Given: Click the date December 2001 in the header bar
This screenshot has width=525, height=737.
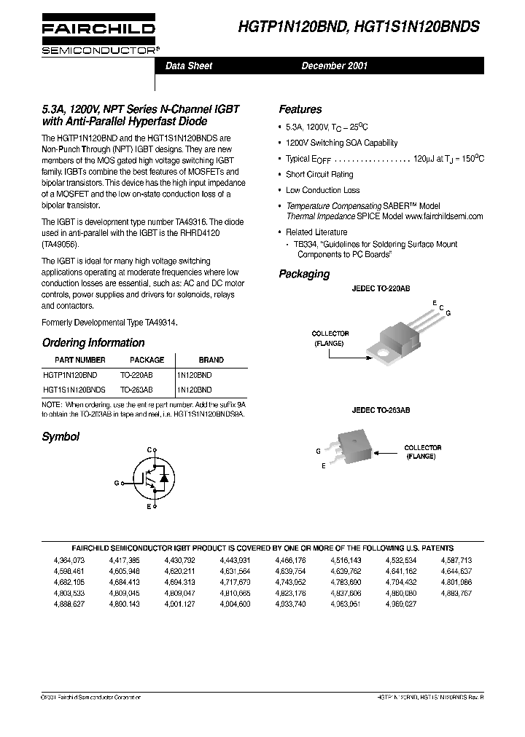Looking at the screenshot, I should coord(335,66).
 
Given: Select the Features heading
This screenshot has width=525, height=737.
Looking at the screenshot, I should coord(300,109).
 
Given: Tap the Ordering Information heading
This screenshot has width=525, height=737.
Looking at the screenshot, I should coord(93,342).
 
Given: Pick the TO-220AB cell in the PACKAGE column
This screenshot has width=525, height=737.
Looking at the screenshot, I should coord(136,374).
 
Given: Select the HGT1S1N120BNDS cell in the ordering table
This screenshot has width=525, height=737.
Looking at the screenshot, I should coord(74,390).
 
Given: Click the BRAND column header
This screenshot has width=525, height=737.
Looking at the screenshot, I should coord(211,360).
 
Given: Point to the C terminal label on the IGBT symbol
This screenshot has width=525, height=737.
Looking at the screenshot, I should coord(149,451).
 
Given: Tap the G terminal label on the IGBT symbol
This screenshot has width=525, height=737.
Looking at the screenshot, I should coord(117,483).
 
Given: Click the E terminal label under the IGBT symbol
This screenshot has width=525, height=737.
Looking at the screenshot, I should coord(149,505).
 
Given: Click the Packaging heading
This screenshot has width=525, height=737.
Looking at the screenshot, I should coord(304,275).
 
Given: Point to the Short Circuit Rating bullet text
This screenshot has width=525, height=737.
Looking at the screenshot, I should coord(319,175).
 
